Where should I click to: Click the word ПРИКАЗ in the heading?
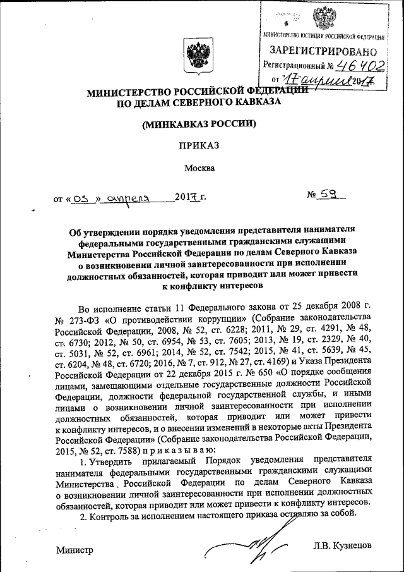point(199,145)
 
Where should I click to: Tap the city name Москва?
point(199,168)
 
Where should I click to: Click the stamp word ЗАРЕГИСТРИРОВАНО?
point(324,50)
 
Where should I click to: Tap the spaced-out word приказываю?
point(183,450)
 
